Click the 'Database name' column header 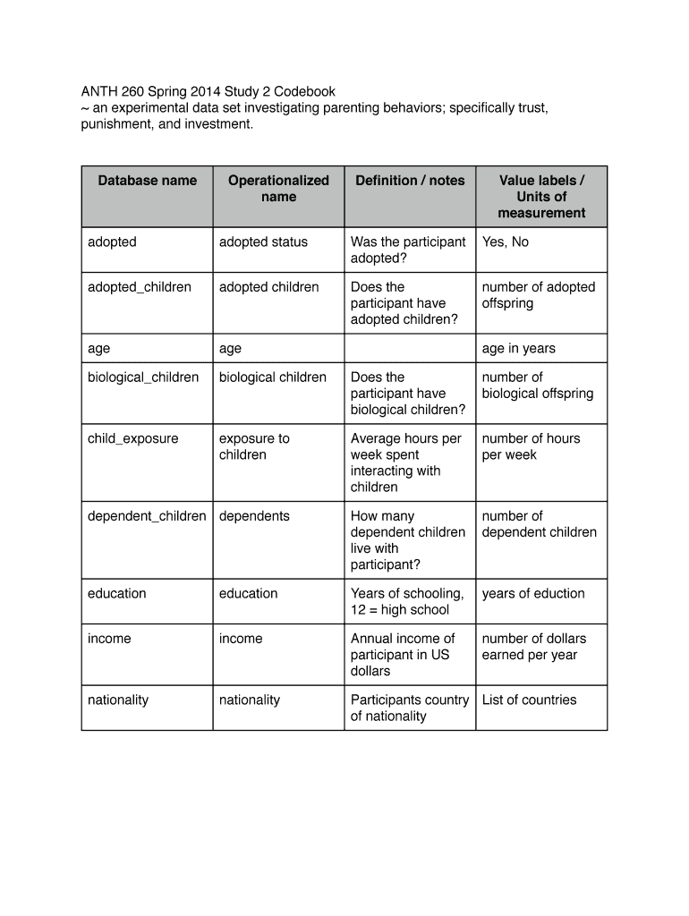click(x=147, y=181)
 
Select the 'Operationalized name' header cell click(x=278, y=189)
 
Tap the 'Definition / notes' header click(x=410, y=181)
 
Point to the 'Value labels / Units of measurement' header click(x=541, y=197)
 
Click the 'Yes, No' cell click(x=506, y=242)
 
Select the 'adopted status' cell click(x=263, y=242)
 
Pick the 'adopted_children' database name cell click(x=140, y=287)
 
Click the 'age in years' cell click(x=518, y=349)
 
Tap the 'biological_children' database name click(x=143, y=377)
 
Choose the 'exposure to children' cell click(x=254, y=446)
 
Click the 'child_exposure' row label click(x=132, y=439)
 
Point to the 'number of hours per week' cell click(x=531, y=446)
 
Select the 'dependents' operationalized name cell click(x=254, y=516)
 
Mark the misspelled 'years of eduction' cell click(x=533, y=594)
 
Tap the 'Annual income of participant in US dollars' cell click(x=403, y=655)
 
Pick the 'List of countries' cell click(x=530, y=700)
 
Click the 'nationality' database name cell click(x=118, y=700)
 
